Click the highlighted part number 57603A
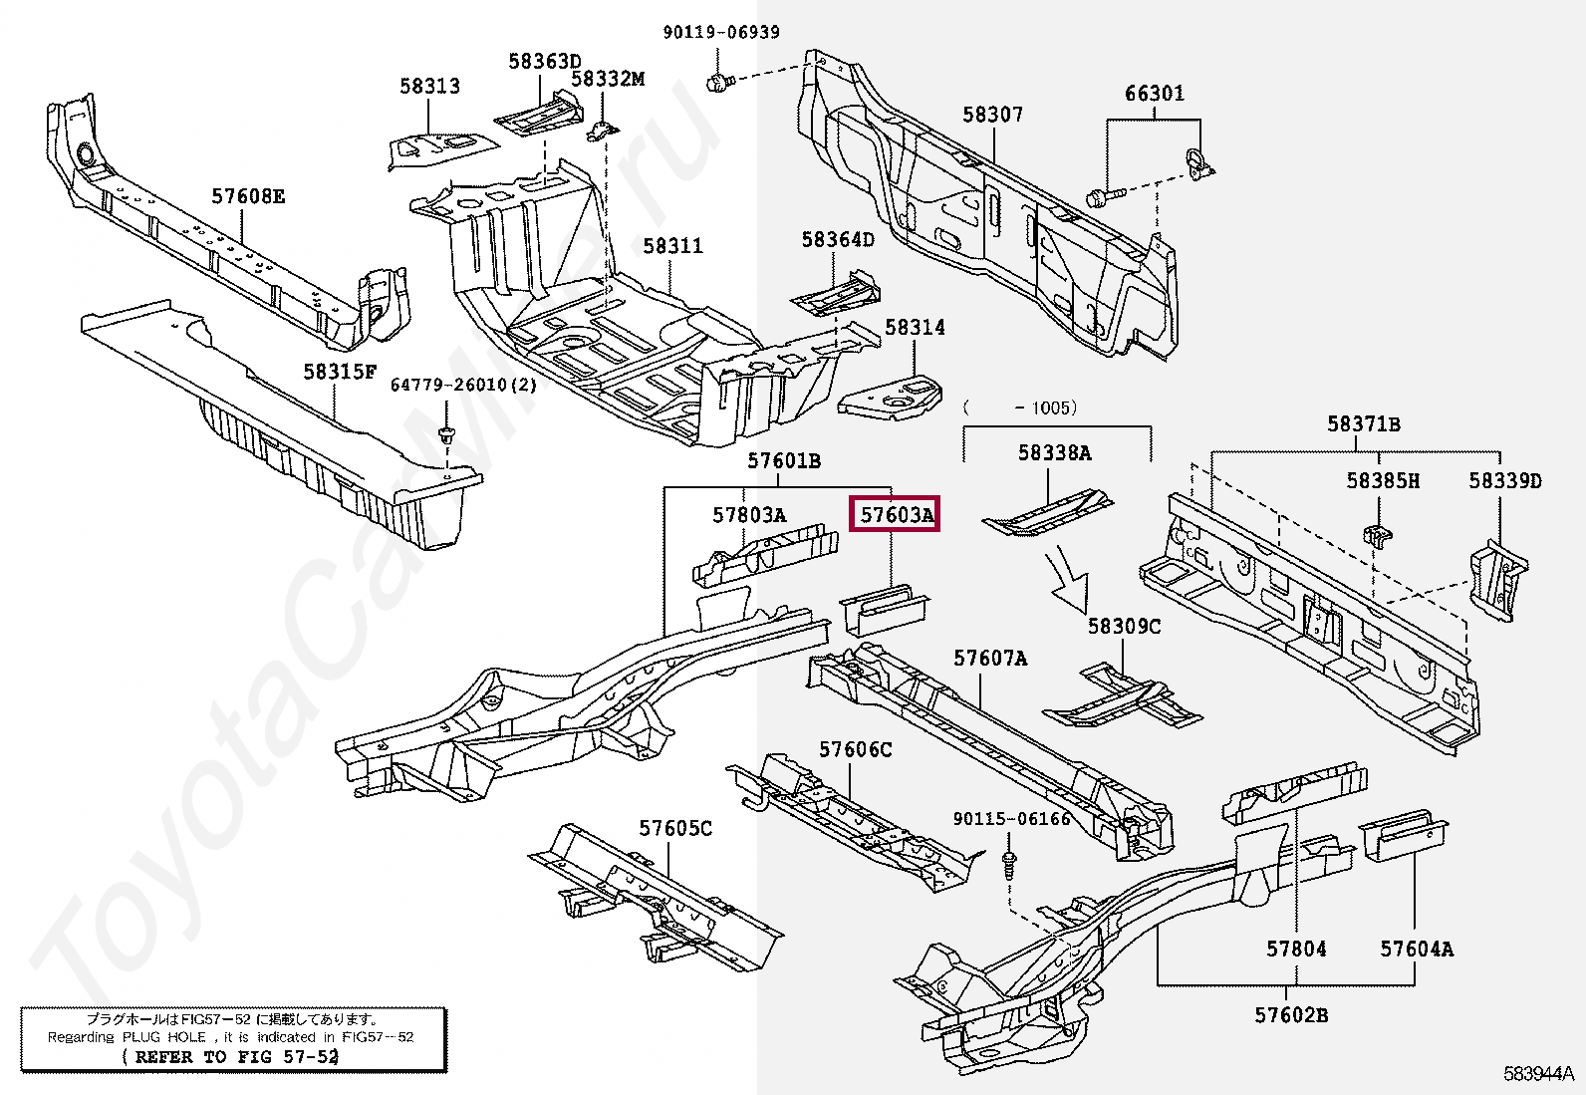click(895, 514)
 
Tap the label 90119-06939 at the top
click(721, 32)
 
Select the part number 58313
click(429, 86)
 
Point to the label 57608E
click(248, 196)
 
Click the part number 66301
click(1154, 93)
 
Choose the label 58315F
click(340, 371)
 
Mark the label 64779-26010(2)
click(463, 385)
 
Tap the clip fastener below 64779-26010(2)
click(445, 434)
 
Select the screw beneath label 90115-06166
click(1009, 866)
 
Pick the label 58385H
click(1382, 481)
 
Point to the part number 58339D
click(1504, 481)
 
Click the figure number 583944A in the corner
click(1538, 1074)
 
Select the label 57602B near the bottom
click(1291, 1015)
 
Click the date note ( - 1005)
click(1020, 408)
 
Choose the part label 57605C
click(675, 828)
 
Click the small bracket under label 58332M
click(602, 132)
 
